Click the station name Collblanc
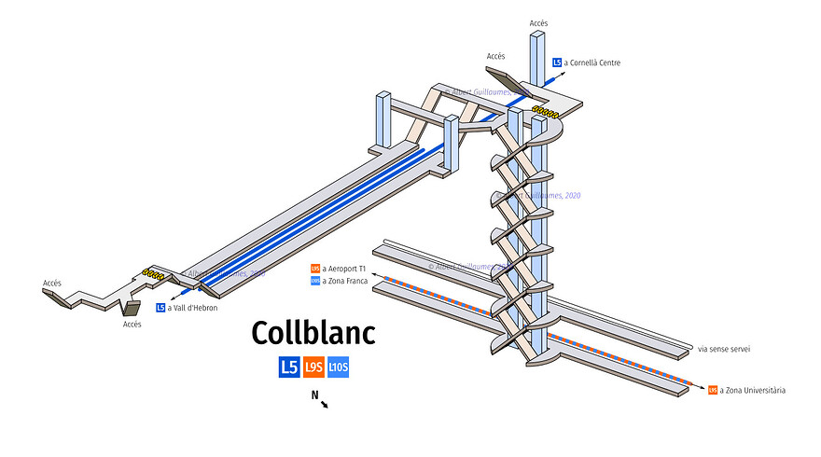point(313,334)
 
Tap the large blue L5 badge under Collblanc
point(289,367)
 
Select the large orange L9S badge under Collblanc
point(313,367)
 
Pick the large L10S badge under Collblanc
point(338,367)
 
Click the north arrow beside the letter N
point(324,404)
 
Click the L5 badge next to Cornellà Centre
point(557,62)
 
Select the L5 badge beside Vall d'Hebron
point(160,308)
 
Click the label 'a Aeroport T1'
point(345,269)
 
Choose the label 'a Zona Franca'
point(345,280)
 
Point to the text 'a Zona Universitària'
point(752,390)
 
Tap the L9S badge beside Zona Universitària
point(713,390)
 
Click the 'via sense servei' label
point(724,349)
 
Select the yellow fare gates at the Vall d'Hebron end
point(154,275)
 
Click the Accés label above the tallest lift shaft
point(538,21)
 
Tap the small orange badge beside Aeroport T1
point(315,269)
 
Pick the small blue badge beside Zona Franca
point(315,280)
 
